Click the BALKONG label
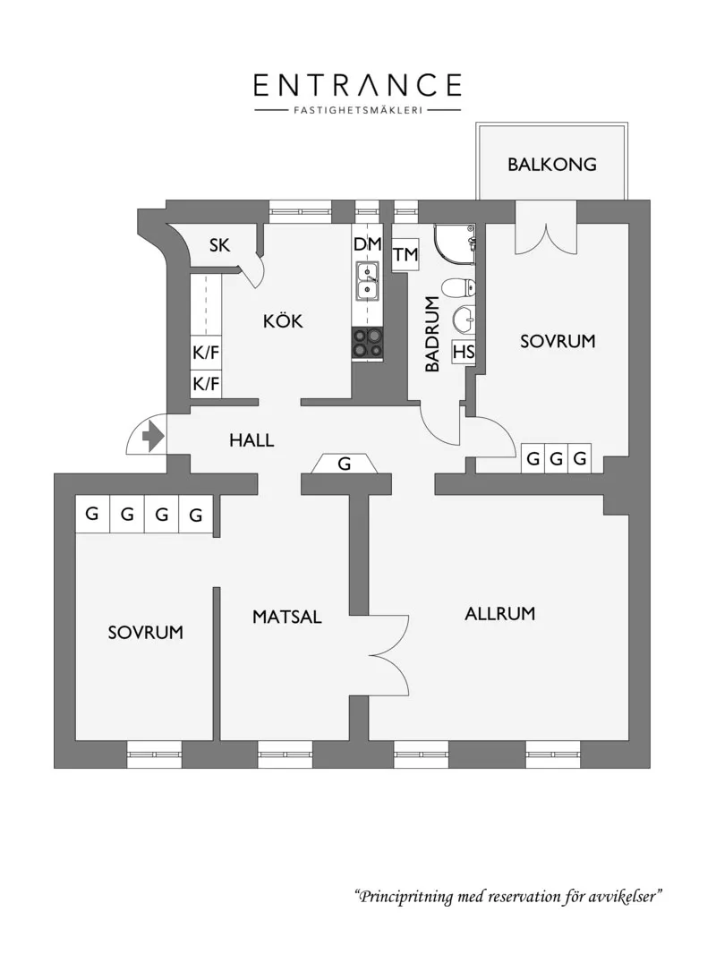click(x=551, y=165)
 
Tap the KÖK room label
click(x=283, y=320)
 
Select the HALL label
click(x=251, y=440)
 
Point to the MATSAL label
click(x=286, y=617)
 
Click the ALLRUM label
click(x=499, y=613)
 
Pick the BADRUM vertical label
click(x=432, y=334)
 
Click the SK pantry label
click(x=219, y=245)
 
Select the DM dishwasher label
click(x=367, y=244)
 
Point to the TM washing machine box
click(x=405, y=254)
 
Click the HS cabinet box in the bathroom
click(x=464, y=352)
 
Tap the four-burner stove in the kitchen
click(x=367, y=343)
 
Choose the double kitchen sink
click(x=367, y=281)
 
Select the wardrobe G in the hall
click(x=345, y=464)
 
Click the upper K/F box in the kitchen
click(x=206, y=353)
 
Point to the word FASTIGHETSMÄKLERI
click(x=358, y=111)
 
